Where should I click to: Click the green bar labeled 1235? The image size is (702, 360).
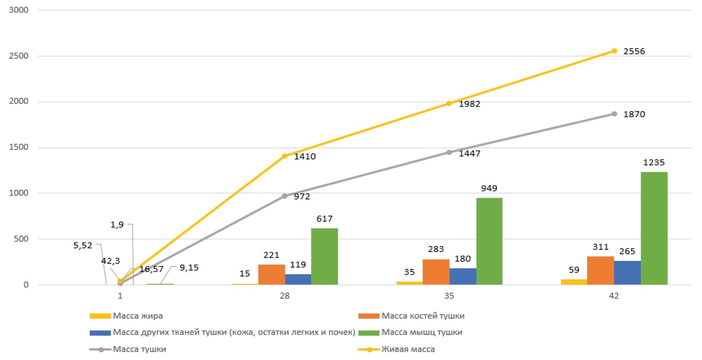click(x=654, y=228)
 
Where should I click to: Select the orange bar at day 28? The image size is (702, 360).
click(x=272, y=274)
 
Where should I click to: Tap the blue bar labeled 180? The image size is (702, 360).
click(x=463, y=276)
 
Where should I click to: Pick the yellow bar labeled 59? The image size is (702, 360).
click(x=574, y=282)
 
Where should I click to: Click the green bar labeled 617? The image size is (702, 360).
click(x=324, y=256)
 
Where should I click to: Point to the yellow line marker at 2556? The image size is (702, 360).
click(x=614, y=51)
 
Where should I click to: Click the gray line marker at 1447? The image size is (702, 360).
click(x=449, y=152)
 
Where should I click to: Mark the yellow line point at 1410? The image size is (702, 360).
click(x=285, y=156)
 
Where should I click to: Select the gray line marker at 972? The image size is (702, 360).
click(x=285, y=196)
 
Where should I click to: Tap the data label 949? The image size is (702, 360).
click(x=490, y=188)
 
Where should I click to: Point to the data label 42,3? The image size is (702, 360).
click(x=109, y=261)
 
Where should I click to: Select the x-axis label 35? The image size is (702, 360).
click(x=449, y=296)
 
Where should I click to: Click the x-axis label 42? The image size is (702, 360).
click(x=614, y=296)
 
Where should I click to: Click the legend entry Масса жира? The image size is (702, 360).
click(x=130, y=316)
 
